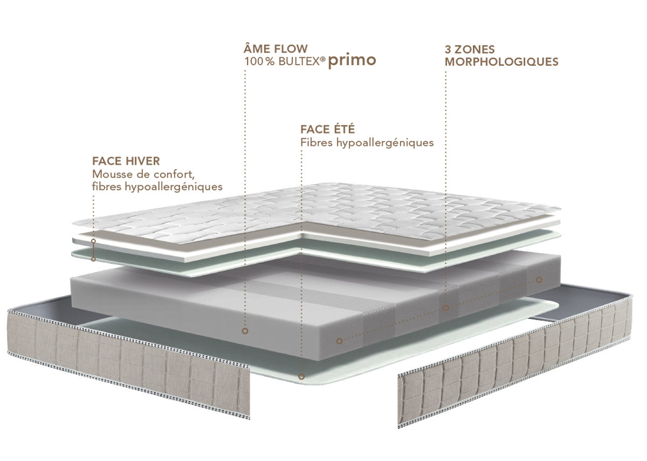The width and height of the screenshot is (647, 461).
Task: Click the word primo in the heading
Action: click(x=352, y=60)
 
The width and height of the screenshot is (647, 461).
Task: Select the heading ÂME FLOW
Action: click(x=276, y=48)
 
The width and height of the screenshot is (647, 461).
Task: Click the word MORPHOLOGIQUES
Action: click(x=501, y=62)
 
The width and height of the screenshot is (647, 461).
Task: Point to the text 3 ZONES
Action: click(x=470, y=50)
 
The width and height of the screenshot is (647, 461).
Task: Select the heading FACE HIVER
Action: click(x=126, y=161)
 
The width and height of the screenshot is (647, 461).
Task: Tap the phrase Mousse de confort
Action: click(x=143, y=174)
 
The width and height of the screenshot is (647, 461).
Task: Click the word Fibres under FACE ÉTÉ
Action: click(x=316, y=143)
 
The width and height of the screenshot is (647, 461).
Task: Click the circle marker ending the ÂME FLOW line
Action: click(x=245, y=331)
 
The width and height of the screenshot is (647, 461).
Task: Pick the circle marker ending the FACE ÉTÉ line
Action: click(x=301, y=376)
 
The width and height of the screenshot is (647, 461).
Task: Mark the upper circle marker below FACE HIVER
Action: click(x=93, y=241)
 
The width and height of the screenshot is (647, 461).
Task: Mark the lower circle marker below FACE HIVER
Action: click(x=93, y=260)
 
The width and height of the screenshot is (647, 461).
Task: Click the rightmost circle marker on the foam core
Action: click(x=539, y=280)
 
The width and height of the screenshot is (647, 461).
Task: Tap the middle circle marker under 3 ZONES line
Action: click(x=446, y=308)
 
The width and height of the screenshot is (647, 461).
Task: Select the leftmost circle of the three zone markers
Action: click(x=339, y=341)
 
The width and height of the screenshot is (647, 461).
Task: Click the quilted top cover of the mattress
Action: click(x=318, y=213)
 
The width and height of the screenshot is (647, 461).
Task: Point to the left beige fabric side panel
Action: click(x=127, y=361)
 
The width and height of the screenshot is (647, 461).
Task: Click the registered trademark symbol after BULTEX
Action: click(x=322, y=59)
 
